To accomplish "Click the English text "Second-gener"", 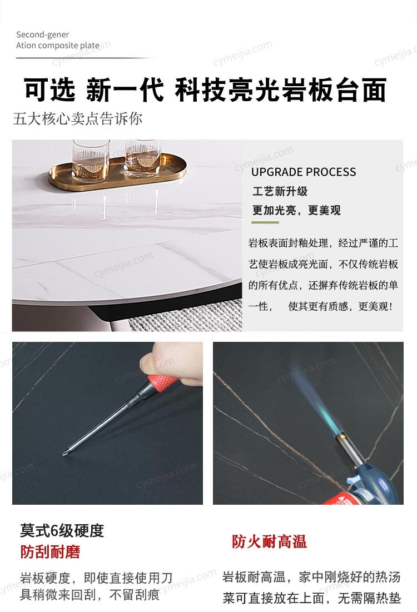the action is pyautogui.click(x=43, y=34).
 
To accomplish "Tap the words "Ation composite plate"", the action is pyautogui.click(x=58, y=45).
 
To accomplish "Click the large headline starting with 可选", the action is pyautogui.click(x=205, y=89).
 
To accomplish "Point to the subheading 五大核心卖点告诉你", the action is pyautogui.click(x=77, y=118).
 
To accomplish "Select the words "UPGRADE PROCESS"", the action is pyautogui.click(x=304, y=172).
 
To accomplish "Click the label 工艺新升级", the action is pyautogui.click(x=280, y=191).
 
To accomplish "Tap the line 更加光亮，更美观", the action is pyautogui.click(x=296, y=210).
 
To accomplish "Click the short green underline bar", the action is pyautogui.click(x=265, y=222).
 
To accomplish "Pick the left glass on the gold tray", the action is pyautogui.click(x=91, y=160).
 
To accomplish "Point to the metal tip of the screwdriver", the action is pyautogui.click(x=65, y=453).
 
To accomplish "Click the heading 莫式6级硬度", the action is pyautogui.click(x=62, y=530).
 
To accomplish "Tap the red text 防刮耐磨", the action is pyautogui.click(x=50, y=551).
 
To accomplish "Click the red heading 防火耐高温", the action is pyautogui.click(x=270, y=541).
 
